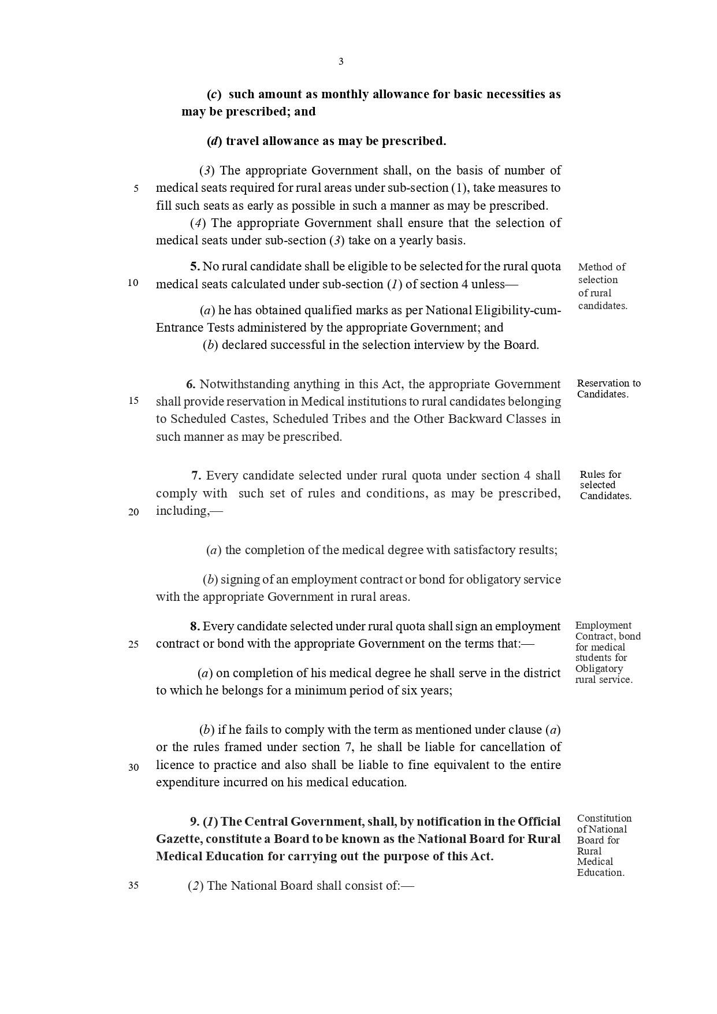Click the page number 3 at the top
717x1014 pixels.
341,62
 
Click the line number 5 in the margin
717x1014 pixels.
136,188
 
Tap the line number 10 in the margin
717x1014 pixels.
133,283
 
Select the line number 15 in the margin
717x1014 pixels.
133,400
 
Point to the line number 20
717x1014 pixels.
133,512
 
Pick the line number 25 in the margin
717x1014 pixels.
133,645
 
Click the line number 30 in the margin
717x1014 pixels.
133,767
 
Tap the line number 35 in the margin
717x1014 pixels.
133,885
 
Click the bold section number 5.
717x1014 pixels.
195,266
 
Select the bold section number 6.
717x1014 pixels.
191,384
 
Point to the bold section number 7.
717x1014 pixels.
196,476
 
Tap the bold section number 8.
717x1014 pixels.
195,626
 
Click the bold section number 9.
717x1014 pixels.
194,822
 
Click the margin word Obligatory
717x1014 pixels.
599,668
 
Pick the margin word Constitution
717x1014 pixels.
604,818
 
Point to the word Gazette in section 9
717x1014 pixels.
178,839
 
